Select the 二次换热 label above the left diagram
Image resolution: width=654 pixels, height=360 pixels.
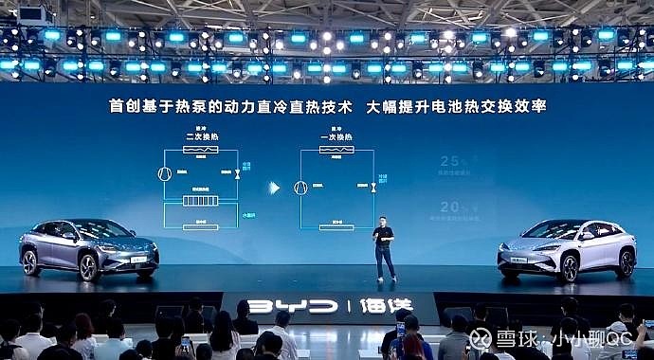tap(201, 136)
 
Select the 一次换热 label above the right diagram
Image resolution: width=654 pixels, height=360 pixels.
tap(336, 136)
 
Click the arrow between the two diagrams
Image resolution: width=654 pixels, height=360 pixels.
tap(274, 188)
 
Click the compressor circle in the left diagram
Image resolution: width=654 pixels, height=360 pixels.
tap(164, 175)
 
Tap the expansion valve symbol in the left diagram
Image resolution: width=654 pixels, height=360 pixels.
tap(237, 175)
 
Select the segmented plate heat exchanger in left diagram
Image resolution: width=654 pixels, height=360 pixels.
tap(200, 201)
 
